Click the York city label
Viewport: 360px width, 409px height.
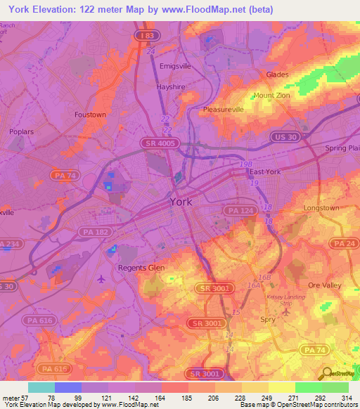coord(181,202)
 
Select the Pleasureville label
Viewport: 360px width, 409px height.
coord(222,110)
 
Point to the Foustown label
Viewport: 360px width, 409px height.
coord(90,114)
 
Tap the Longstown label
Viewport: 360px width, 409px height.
coord(321,209)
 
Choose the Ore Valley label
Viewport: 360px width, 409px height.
coord(323,285)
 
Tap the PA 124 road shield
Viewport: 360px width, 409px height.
coord(236,210)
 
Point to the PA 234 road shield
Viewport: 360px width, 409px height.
coord(8,244)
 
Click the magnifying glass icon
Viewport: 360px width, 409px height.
coord(326,373)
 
